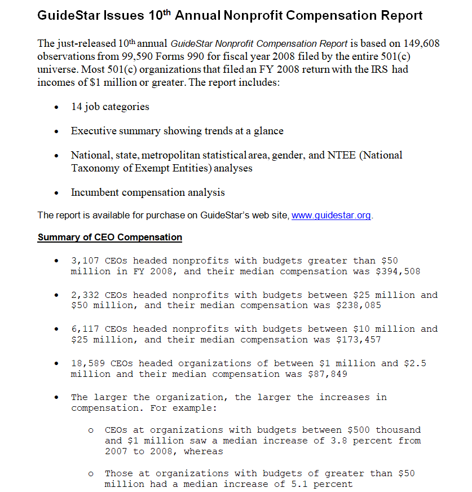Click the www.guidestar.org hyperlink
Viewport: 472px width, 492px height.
click(331, 216)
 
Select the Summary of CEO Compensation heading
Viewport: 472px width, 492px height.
click(109, 238)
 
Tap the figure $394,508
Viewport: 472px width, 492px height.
click(398, 271)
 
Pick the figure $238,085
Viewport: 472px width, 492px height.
click(359, 305)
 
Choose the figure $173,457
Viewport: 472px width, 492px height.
click(359, 340)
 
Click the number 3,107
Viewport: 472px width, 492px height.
click(85, 261)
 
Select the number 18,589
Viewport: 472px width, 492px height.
click(87, 363)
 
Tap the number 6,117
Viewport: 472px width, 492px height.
click(85, 329)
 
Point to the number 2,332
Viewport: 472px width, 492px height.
click(85, 295)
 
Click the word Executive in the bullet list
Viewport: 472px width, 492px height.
click(92, 131)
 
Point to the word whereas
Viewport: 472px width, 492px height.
click(203, 451)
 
